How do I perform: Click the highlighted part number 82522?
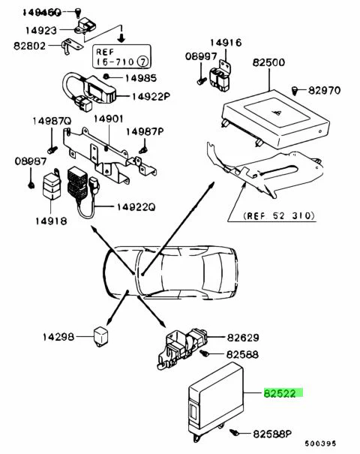(280, 393)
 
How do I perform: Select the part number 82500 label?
(268, 62)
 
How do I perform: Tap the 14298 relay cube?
(100, 336)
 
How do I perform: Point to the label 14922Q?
(136, 207)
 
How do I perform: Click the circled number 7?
(143, 61)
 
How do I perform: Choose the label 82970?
(324, 90)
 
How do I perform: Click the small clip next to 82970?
(295, 90)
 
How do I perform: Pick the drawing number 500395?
(320, 443)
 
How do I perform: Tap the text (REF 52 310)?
(279, 215)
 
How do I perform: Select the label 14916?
(226, 43)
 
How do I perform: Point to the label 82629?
(243, 338)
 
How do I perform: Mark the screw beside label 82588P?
(235, 433)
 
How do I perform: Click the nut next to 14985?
(106, 77)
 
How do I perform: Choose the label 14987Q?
(52, 121)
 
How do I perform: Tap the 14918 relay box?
(52, 185)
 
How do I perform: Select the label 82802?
(29, 46)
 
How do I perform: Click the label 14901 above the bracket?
(109, 119)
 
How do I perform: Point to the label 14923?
(41, 31)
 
